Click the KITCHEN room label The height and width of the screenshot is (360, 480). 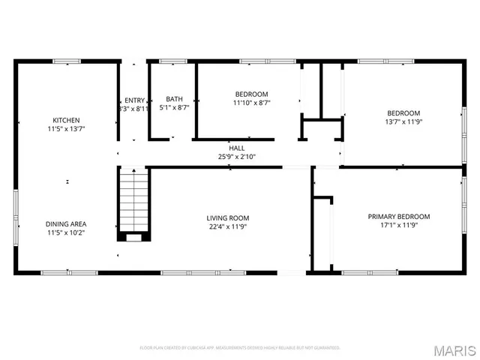[x=66, y=120]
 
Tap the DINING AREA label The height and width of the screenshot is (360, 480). [x=66, y=223]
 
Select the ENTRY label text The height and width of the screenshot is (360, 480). [x=134, y=100]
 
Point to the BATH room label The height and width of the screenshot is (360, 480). [x=174, y=99]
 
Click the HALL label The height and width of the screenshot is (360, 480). [x=236, y=148]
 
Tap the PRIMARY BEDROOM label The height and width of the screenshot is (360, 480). [x=398, y=217]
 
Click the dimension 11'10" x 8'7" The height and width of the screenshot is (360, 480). [x=251, y=103]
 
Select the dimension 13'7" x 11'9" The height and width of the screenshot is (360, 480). [x=403, y=121]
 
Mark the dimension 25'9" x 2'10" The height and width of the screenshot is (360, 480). [x=236, y=157]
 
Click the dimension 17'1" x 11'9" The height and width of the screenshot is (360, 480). [x=398, y=226]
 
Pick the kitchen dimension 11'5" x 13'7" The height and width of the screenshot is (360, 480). [x=66, y=129]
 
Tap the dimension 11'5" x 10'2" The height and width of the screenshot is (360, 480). [x=66, y=232]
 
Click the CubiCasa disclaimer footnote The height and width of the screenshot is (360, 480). [x=240, y=348]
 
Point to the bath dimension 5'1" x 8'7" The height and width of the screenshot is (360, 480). [x=174, y=108]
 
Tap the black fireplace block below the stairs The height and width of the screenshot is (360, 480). [x=133, y=236]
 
